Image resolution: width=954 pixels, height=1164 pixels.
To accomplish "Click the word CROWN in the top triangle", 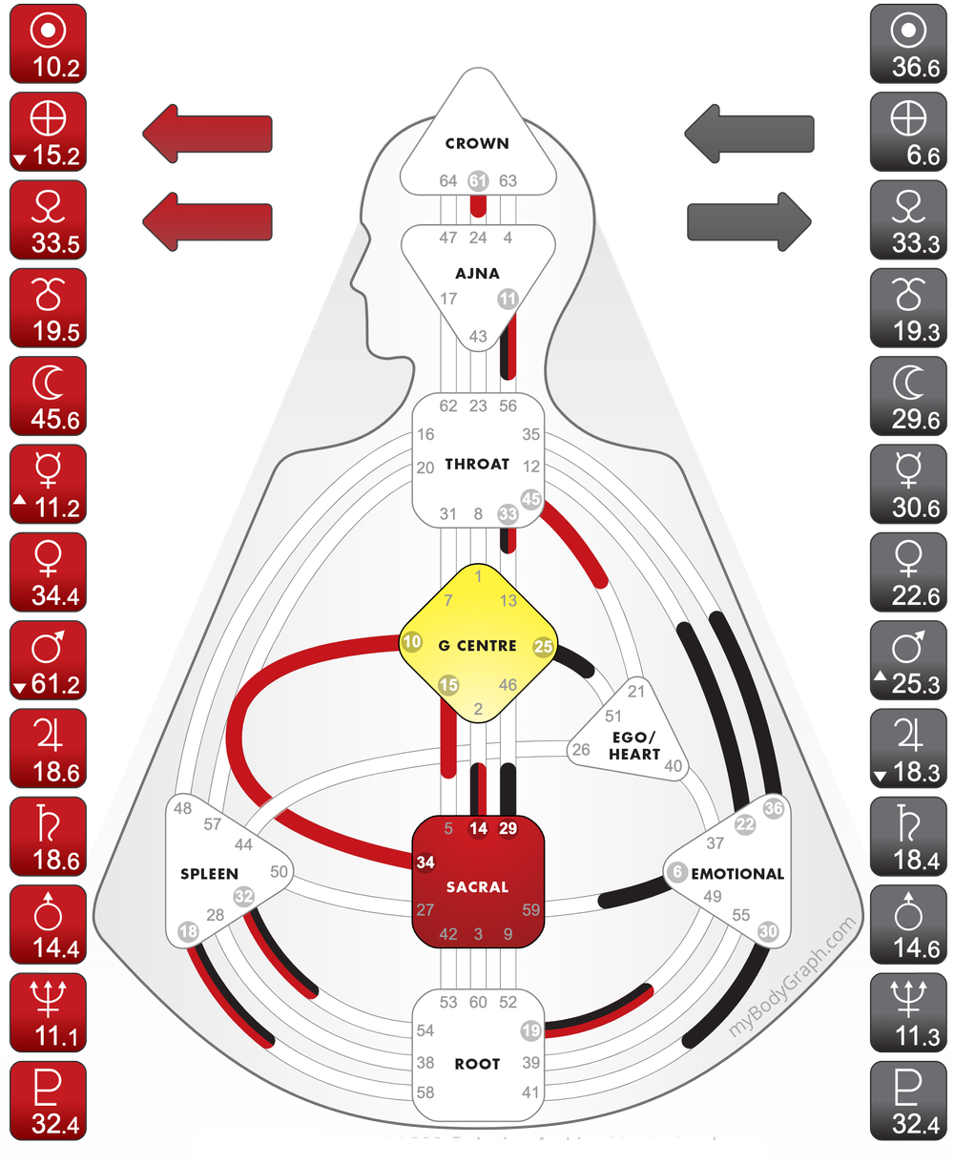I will tap(477, 144).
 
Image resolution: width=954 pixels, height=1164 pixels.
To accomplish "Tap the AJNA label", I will tap(477, 274).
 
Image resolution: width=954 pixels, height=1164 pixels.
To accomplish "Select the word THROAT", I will tap(477, 465).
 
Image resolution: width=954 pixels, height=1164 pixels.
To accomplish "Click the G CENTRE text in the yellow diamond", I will tap(477, 646).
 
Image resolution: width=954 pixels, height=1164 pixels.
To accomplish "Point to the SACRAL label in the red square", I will tap(477, 887).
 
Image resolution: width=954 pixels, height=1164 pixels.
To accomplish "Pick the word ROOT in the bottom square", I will tap(477, 1064).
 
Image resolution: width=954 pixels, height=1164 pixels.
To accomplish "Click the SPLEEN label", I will tap(209, 874).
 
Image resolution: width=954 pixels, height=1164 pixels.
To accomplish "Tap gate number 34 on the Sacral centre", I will tap(425, 863).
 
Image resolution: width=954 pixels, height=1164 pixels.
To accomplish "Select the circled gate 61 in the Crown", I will tap(478, 180).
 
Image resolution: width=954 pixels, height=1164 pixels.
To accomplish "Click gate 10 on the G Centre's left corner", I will tap(412, 642).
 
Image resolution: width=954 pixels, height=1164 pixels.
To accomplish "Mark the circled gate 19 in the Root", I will tap(531, 1030).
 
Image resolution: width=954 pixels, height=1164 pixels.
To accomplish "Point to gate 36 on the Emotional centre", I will tap(774, 808).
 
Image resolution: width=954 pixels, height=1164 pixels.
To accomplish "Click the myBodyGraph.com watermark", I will tap(792, 979).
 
